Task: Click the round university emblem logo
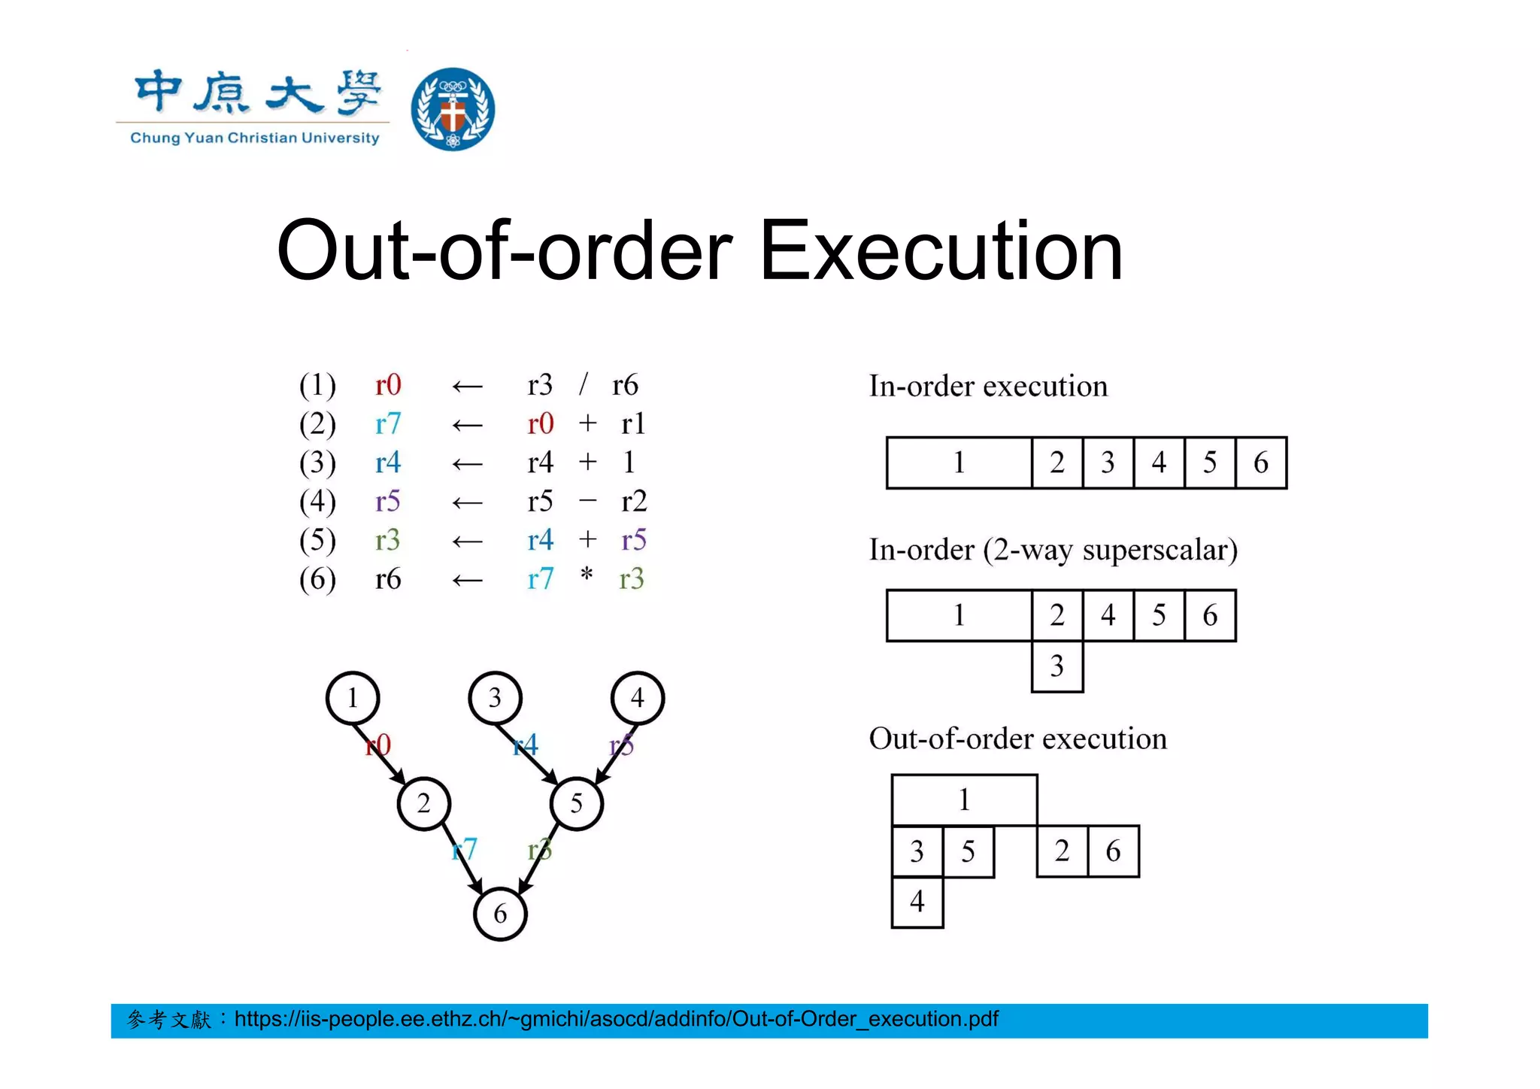coord(453,109)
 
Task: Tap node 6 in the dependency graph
coord(500,914)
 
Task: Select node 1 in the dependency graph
coord(353,698)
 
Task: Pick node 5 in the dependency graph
coord(577,803)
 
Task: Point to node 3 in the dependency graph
coord(495,698)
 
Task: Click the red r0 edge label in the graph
coord(378,745)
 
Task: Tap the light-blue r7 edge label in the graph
coord(465,849)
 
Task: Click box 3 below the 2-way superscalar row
coord(1057,666)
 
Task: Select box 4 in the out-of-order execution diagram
coord(917,901)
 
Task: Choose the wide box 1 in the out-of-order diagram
coord(964,799)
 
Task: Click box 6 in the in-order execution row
coord(1260,463)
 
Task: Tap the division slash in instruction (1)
coord(583,385)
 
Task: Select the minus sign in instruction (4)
coord(588,500)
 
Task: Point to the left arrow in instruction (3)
coord(467,463)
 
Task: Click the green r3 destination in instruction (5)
coord(388,540)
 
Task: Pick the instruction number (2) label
coord(317,424)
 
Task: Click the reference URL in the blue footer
coord(616,1019)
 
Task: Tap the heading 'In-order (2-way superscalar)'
coord(1053,550)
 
